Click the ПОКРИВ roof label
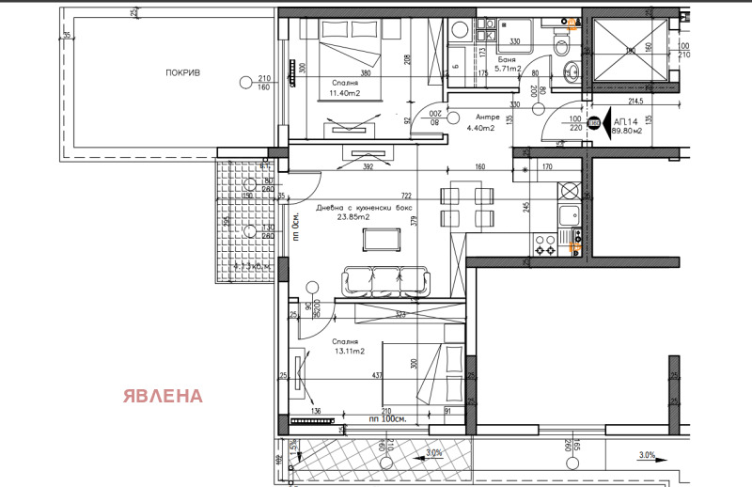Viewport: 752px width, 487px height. (x=184, y=72)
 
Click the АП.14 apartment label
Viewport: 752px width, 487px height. (x=625, y=121)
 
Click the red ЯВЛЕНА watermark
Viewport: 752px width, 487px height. (x=162, y=395)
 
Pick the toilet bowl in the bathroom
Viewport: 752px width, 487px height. (x=562, y=44)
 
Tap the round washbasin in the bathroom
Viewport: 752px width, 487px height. (x=571, y=71)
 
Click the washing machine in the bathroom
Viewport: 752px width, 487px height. (x=461, y=31)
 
